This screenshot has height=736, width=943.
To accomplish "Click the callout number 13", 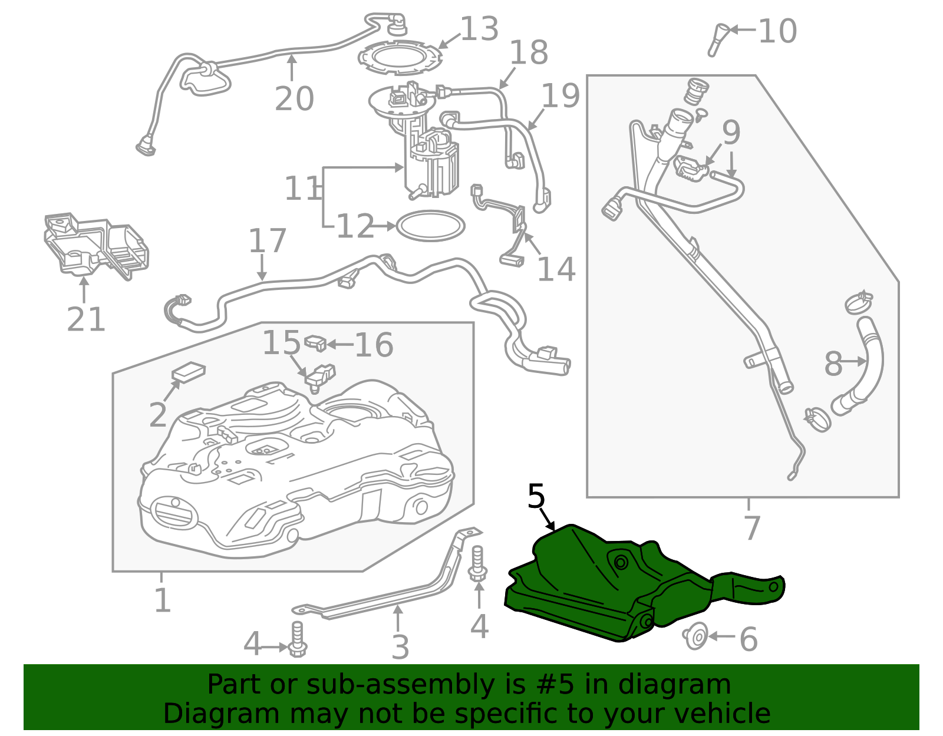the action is pyautogui.click(x=479, y=29).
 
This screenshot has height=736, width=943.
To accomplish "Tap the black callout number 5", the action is pyautogui.click(x=536, y=496).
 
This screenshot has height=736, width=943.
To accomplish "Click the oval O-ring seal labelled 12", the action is pyautogui.click(x=430, y=226).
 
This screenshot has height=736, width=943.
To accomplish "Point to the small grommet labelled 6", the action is pyautogui.click(x=695, y=636).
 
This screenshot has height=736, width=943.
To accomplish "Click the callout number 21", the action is pyautogui.click(x=86, y=319).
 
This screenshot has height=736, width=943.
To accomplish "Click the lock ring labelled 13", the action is pyautogui.click(x=400, y=58).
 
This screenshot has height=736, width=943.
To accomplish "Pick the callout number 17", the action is pyautogui.click(x=268, y=240).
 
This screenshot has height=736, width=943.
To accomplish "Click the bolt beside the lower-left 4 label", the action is pyautogui.click(x=297, y=639).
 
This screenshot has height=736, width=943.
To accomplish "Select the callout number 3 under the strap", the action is pyautogui.click(x=400, y=646).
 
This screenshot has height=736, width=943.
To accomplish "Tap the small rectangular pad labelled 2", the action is pyautogui.click(x=189, y=372).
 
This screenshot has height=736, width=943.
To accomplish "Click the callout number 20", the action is pyautogui.click(x=294, y=98).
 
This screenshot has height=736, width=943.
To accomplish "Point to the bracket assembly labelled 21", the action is pyautogui.click(x=96, y=245).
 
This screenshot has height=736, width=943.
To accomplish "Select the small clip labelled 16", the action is pyautogui.click(x=315, y=342).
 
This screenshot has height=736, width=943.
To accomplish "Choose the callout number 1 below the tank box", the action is pyautogui.click(x=162, y=600).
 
